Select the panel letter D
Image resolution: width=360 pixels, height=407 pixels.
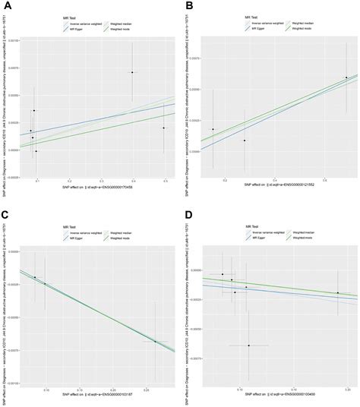coord(188,216)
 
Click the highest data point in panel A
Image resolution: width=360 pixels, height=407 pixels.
coord(132,73)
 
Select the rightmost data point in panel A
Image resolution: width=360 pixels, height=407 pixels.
coord(164,128)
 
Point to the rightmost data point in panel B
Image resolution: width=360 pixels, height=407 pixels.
coord(346,77)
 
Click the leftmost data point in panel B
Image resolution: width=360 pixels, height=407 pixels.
coord(213,129)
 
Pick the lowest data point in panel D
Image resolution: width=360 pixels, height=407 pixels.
coord(248,345)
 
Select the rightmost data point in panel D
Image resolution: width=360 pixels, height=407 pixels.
coord(338,293)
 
